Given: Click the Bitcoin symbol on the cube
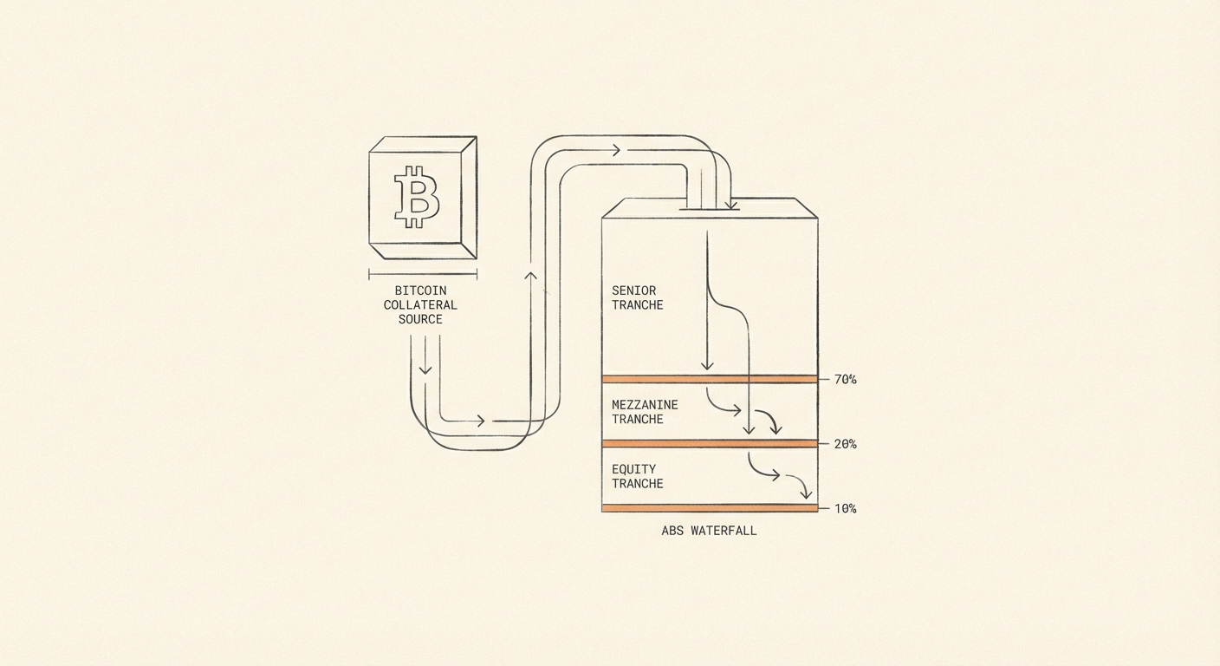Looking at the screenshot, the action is [x=417, y=196].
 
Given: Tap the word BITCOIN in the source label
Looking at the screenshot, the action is [x=420, y=291].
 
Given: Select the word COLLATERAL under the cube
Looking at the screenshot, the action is [x=420, y=304].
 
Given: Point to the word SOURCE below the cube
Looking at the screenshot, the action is [x=420, y=319].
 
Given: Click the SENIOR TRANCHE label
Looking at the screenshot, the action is [x=637, y=297].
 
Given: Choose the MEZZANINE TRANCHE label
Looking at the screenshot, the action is [x=645, y=412].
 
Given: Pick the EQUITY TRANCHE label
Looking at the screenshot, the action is [x=637, y=476].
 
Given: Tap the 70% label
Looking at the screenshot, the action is [x=846, y=379].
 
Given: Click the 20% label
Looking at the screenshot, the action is [x=846, y=444].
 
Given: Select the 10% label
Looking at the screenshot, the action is [x=846, y=508].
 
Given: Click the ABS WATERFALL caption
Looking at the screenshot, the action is [x=709, y=531].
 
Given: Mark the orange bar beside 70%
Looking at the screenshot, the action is [x=710, y=379].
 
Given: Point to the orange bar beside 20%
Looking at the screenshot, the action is [x=710, y=444].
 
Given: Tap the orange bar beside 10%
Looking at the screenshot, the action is [x=710, y=508].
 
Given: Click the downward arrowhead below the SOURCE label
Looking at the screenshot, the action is [x=425, y=370].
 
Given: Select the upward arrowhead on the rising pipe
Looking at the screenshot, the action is [x=530, y=275].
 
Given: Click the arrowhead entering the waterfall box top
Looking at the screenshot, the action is [x=731, y=206].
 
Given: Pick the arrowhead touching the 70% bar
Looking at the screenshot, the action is [x=707, y=366].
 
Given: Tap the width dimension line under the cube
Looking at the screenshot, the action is [x=423, y=274].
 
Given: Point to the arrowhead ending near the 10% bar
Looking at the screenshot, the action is [x=806, y=494].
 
